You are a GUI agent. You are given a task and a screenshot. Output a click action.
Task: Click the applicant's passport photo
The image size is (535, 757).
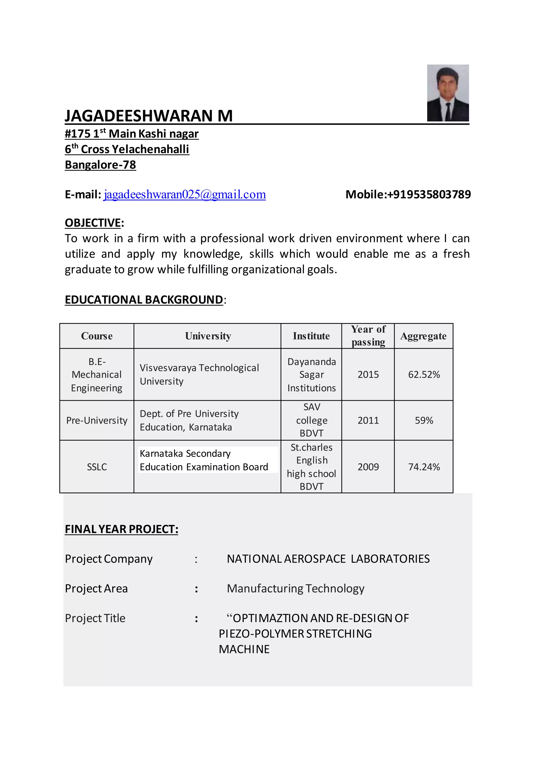click(x=448, y=93)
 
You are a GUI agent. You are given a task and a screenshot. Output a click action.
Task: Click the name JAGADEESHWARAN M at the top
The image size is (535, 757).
click(x=149, y=116)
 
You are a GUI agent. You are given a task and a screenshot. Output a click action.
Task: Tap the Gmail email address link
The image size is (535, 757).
click(x=185, y=194)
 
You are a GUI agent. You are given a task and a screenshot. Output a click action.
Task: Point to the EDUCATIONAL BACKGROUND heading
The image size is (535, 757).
click(x=144, y=300)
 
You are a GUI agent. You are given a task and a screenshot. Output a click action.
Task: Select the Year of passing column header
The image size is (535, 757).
click(x=368, y=336)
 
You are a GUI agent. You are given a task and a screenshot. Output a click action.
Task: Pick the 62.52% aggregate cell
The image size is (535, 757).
click(x=424, y=375)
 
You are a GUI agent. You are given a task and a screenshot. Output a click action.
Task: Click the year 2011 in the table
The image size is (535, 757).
click(x=368, y=420)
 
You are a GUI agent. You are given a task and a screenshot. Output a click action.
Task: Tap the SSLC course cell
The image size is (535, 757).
click(x=97, y=467)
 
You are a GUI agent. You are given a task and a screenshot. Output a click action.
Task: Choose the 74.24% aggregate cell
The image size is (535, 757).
click(x=424, y=467)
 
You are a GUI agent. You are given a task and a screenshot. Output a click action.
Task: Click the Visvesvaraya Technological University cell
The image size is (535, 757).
click(x=199, y=375)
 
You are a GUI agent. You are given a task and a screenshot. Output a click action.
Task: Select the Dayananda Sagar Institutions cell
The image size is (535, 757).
click(x=311, y=375)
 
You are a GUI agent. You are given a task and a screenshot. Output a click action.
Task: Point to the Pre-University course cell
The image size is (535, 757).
click(x=97, y=420)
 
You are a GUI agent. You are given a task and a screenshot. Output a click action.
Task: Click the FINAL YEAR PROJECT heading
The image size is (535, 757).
click(x=121, y=529)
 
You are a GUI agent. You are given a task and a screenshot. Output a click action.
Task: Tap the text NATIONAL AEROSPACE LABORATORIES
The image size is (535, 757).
click(x=328, y=559)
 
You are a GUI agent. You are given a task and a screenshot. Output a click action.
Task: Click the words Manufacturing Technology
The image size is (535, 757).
click(x=295, y=588)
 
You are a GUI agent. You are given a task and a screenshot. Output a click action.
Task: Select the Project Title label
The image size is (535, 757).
click(x=95, y=618)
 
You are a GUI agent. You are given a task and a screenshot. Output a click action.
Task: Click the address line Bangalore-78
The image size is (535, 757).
click(x=101, y=165)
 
